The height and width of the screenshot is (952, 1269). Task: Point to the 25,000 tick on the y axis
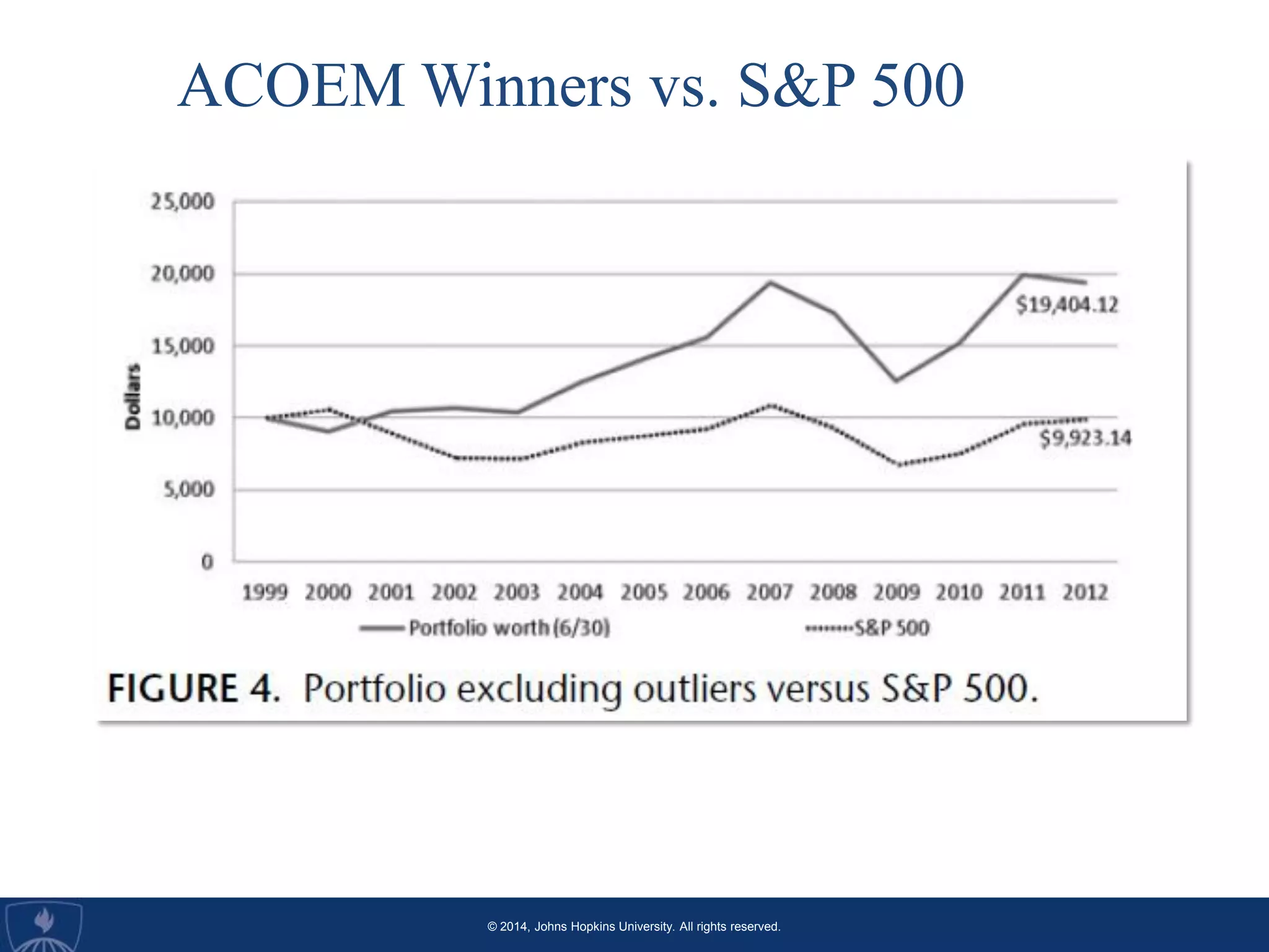[182, 201]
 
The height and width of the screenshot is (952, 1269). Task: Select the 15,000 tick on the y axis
[182, 346]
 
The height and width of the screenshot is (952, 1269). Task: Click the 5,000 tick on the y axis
[188, 490]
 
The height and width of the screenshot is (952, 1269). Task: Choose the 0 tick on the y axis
[207, 562]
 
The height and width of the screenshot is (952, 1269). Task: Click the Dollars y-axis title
[133, 397]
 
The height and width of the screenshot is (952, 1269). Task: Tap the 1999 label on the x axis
[265, 593]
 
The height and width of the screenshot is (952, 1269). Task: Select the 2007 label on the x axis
[769, 593]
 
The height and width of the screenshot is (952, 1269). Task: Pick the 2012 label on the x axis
[1085, 593]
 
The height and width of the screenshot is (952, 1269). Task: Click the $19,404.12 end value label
[1066, 305]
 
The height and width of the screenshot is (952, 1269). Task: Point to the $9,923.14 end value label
[1085, 439]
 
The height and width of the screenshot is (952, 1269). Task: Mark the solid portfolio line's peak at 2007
[770, 283]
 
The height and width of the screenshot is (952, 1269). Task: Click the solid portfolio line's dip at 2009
[896, 381]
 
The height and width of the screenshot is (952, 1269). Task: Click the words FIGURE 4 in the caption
[194, 689]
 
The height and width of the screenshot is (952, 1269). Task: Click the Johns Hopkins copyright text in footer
[633, 927]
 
